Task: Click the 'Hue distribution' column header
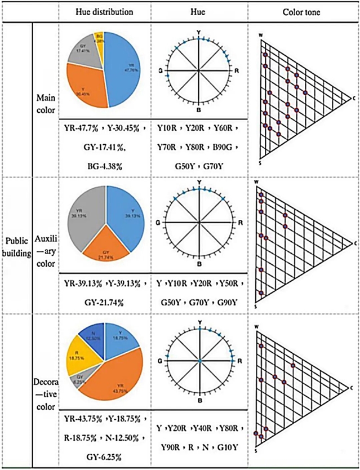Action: [105, 11]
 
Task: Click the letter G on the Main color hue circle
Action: [161, 71]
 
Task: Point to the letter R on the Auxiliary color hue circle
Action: [241, 223]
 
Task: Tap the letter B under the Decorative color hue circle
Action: [199, 401]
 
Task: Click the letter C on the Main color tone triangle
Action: [355, 99]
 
